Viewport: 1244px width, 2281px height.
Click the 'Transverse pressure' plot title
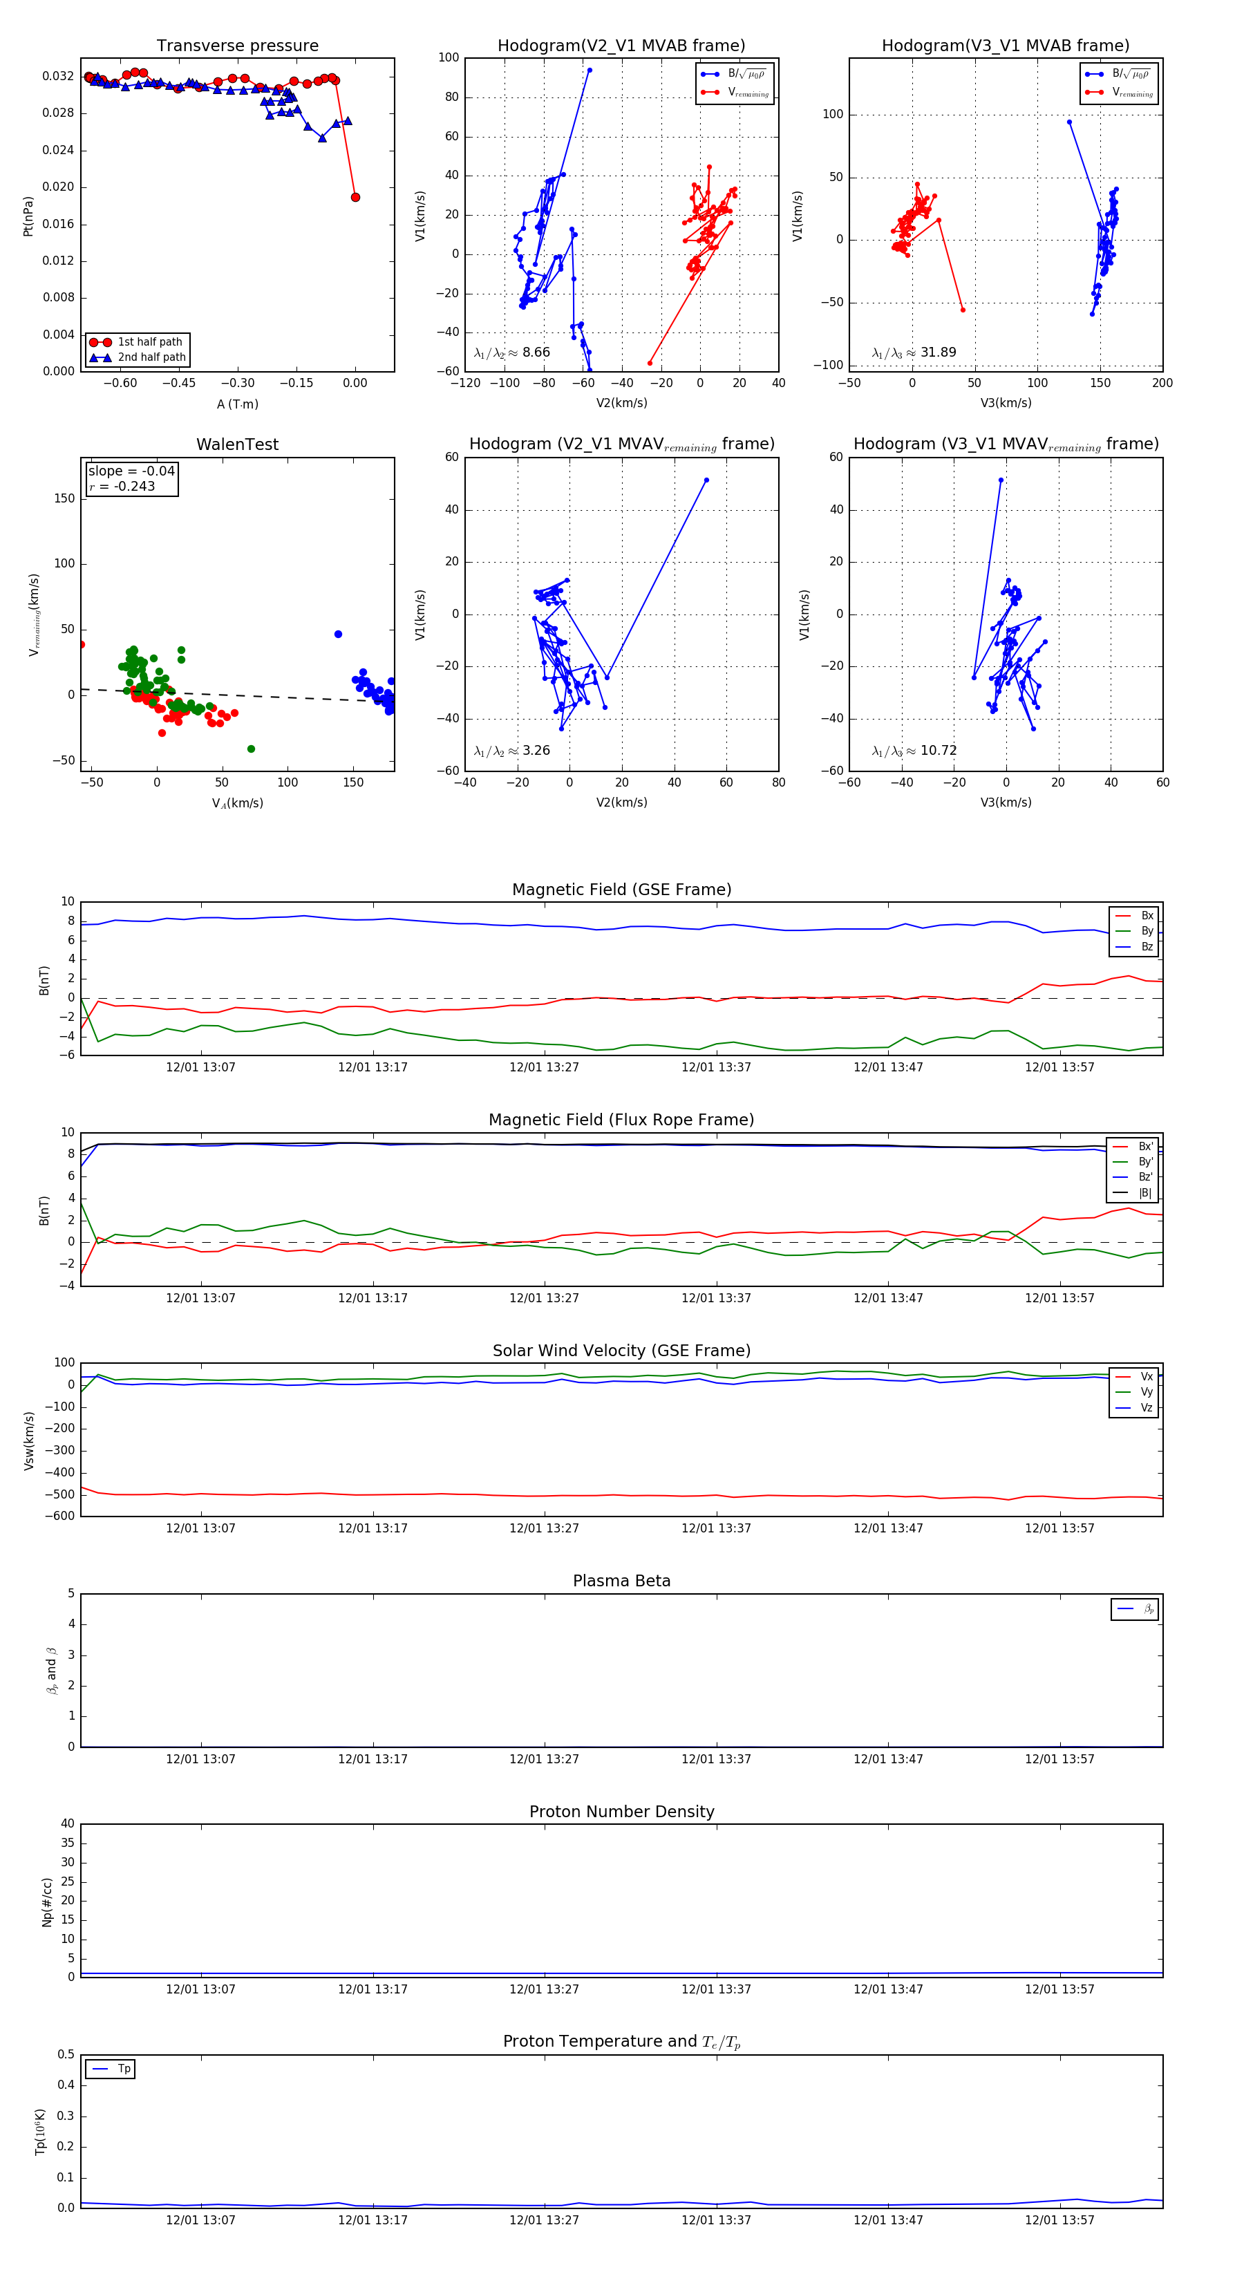[x=237, y=46]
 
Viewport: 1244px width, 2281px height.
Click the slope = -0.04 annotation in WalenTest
[x=131, y=471]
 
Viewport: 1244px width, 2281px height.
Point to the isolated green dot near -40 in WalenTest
[x=251, y=749]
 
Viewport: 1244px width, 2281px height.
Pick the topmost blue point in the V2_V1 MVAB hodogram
[x=590, y=70]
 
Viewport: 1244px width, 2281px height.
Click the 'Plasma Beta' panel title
[x=621, y=1581]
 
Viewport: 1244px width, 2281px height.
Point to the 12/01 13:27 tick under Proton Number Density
[x=544, y=1989]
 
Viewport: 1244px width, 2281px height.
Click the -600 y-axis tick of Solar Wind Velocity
[x=63, y=1515]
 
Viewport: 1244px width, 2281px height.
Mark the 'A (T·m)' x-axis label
[x=237, y=404]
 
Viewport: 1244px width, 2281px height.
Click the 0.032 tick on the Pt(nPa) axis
[x=59, y=76]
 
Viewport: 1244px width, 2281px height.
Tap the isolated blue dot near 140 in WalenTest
[x=338, y=634]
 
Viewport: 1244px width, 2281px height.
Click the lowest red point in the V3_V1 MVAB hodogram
[x=963, y=309]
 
